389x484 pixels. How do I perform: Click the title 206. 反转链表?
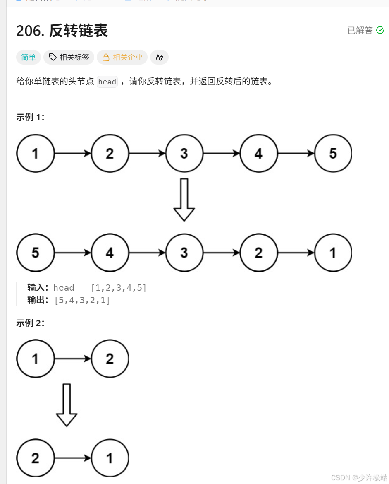click(x=62, y=31)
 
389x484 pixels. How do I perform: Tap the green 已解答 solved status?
click(x=365, y=30)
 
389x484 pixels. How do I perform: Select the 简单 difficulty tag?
click(x=29, y=58)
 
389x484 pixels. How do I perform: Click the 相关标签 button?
click(x=69, y=58)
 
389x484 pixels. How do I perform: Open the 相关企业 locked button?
click(x=122, y=58)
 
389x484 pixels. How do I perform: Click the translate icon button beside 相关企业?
click(x=159, y=58)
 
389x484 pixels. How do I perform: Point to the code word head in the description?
click(x=107, y=82)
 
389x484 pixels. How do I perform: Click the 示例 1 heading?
click(x=31, y=117)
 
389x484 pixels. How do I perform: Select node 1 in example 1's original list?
click(x=36, y=154)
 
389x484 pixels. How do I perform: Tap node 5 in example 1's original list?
click(x=333, y=154)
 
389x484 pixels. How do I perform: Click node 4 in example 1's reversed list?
click(x=110, y=253)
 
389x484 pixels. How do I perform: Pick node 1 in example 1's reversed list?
click(x=333, y=253)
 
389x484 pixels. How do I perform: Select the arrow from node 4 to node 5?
click(x=296, y=154)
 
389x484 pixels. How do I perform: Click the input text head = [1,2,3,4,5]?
click(x=100, y=288)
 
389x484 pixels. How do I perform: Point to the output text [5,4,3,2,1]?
click(x=82, y=300)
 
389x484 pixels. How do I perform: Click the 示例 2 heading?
click(x=31, y=323)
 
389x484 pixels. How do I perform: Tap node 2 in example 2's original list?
click(x=110, y=359)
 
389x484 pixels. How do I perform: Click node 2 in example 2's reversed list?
click(x=36, y=458)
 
